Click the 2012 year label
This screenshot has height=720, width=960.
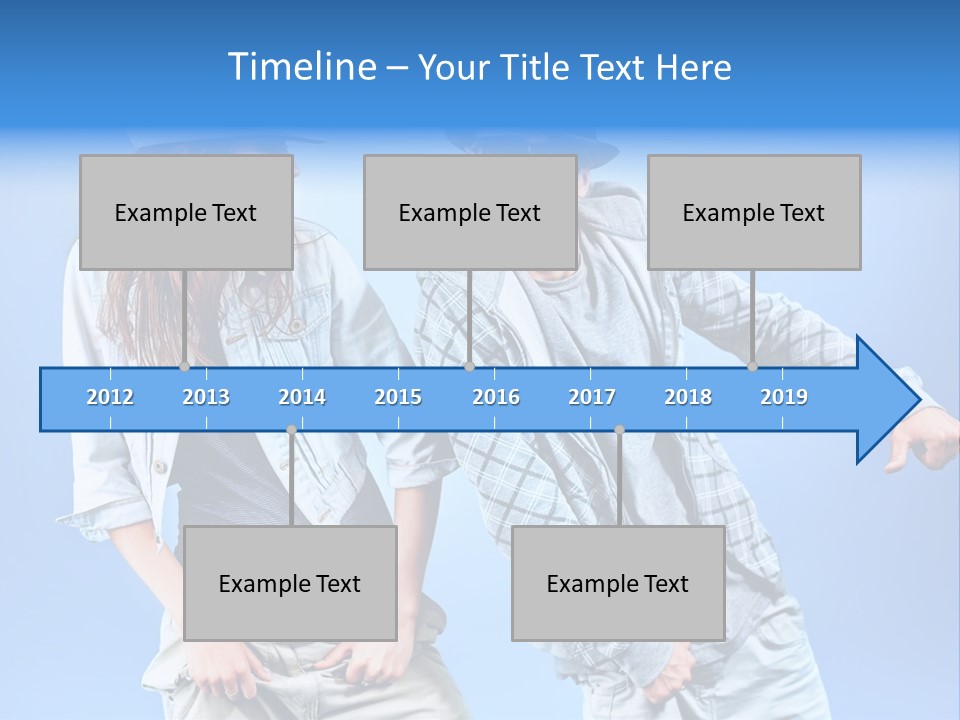(x=110, y=397)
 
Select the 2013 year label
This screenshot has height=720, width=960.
(x=206, y=397)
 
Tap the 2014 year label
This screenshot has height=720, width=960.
(x=302, y=397)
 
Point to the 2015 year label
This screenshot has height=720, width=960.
(x=398, y=397)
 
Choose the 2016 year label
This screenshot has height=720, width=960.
(x=496, y=397)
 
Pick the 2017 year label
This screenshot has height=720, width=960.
(x=592, y=397)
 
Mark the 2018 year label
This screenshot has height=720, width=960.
(x=688, y=397)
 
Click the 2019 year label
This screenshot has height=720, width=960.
(x=784, y=397)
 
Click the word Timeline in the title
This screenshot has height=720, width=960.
(x=302, y=67)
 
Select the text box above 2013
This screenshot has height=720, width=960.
(x=186, y=212)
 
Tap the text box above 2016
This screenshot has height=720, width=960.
(x=470, y=212)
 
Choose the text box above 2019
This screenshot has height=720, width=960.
(x=754, y=212)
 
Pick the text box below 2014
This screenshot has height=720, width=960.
(x=290, y=583)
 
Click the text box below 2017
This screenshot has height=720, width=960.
(x=618, y=583)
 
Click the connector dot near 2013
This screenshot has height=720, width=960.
(x=185, y=367)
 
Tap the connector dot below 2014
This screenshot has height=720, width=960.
(x=291, y=430)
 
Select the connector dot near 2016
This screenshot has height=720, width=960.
(x=469, y=367)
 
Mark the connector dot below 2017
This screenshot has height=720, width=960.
(x=619, y=430)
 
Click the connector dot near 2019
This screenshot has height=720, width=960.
(x=753, y=367)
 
